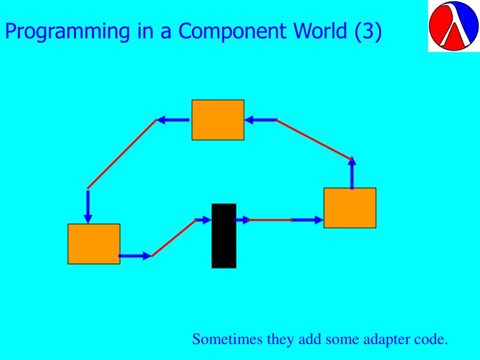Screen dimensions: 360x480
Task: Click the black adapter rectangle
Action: tap(224, 236)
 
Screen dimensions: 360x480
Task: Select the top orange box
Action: tap(218, 120)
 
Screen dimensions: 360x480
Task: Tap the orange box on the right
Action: tap(350, 208)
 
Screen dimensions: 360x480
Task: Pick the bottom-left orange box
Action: tap(94, 244)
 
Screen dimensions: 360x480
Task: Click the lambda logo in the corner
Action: tap(453, 26)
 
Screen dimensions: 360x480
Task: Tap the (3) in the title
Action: tap(369, 31)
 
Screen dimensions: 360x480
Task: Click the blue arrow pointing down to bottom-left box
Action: tap(88, 206)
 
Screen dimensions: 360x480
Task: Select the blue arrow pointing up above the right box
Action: tap(352, 173)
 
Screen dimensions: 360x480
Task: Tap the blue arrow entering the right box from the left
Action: tap(307, 220)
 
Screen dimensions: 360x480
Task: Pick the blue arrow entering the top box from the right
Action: tap(261, 120)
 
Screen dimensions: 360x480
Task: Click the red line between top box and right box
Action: tap(314, 140)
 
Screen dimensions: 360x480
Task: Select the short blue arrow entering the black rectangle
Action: tap(203, 220)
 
